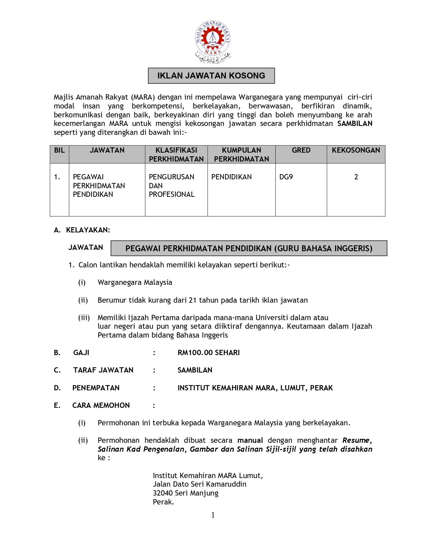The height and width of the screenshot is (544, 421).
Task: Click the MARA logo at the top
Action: [212, 42]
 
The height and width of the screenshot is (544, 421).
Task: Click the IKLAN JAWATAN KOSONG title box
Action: [211, 76]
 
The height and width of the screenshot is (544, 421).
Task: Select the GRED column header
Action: [301, 150]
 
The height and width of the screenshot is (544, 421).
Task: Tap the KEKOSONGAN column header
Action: [356, 150]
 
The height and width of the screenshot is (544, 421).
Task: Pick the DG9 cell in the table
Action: [286, 177]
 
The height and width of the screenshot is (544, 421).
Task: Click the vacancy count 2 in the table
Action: [356, 177]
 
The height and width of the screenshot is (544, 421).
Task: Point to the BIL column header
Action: [59, 150]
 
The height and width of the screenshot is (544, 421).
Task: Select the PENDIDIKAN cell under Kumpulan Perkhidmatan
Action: [231, 177]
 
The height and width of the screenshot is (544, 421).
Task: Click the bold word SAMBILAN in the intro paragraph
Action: [355, 124]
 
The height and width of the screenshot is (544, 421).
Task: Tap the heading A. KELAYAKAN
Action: [82, 230]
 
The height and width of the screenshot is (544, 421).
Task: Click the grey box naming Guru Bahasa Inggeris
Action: [249, 248]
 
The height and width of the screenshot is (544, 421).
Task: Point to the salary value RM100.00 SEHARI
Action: [208, 353]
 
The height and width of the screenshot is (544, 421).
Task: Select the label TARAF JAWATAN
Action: [103, 370]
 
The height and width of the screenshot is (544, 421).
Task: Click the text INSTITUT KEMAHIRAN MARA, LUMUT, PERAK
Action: [255, 388]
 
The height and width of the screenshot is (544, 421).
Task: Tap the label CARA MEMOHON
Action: [101, 406]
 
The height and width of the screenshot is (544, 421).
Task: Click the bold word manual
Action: [250, 440]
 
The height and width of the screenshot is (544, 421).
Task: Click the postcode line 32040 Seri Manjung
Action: [185, 493]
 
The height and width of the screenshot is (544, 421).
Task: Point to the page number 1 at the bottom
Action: [213, 515]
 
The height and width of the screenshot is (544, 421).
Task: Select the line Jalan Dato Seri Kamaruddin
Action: [199, 484]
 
